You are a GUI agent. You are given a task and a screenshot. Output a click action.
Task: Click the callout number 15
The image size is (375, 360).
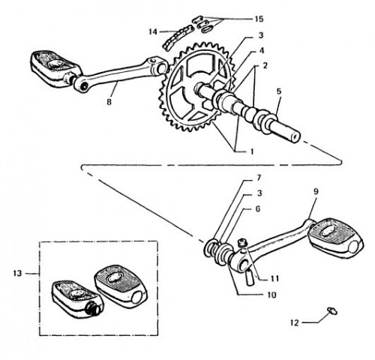point(259,19)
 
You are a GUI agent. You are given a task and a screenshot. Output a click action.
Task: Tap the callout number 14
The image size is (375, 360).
point(153,31)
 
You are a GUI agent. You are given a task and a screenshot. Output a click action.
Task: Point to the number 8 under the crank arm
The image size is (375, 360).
point(109,102)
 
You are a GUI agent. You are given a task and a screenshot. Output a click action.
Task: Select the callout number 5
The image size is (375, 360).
point(279,91)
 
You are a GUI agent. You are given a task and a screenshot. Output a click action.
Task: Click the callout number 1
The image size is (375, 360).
point(252,151)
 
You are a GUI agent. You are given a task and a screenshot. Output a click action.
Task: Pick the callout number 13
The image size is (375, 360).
point(17,273)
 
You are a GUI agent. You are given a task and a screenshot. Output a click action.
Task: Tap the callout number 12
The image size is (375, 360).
point(295,322)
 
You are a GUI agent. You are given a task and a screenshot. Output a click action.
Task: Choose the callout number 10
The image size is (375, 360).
point(271,295)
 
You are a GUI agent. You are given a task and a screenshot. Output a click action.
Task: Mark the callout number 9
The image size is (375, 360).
point(316,192)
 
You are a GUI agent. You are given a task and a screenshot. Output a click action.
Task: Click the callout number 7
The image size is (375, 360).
point(259,178)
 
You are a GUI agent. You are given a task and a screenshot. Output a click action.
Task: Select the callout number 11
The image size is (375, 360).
point(274,278)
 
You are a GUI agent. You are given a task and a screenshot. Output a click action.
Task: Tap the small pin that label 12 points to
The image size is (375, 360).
point(332,311)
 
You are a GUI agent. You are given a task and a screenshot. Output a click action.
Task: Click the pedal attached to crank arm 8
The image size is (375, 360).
point(55,68)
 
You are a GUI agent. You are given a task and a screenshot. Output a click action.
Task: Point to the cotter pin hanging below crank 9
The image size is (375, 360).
point(250,277)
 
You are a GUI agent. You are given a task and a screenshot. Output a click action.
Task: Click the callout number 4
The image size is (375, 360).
point(261,51)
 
